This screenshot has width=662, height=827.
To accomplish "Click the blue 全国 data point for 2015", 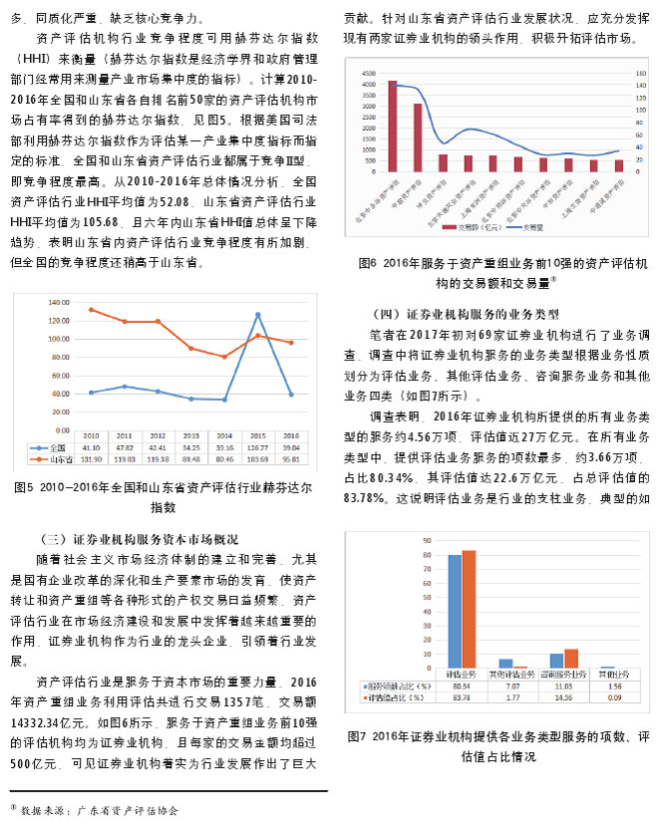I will [258, 315].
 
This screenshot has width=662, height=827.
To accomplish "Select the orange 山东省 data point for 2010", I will [92, 310].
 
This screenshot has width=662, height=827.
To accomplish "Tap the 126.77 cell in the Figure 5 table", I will [258, 447].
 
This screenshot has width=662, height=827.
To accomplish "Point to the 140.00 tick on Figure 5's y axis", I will [59, 302].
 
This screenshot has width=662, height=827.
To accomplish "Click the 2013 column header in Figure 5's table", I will [189, 436].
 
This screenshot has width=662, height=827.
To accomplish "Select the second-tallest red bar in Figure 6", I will [418, 138].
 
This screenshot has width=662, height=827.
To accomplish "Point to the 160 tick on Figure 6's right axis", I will [640, 70].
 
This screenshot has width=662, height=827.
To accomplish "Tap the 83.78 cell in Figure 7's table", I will [462, 698].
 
